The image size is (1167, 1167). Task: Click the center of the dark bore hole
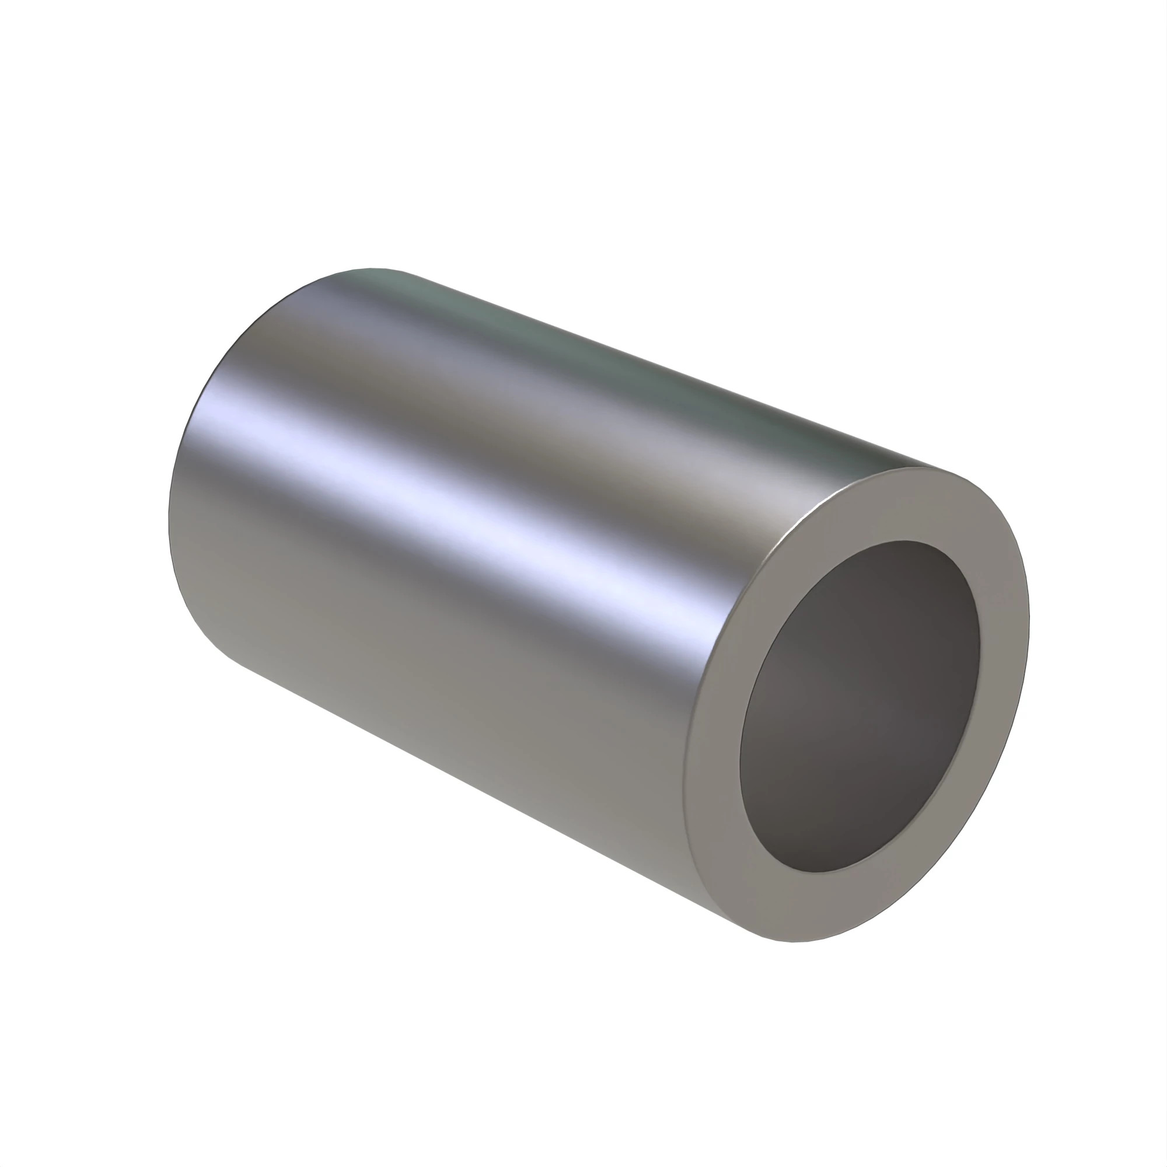[859, 707]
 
